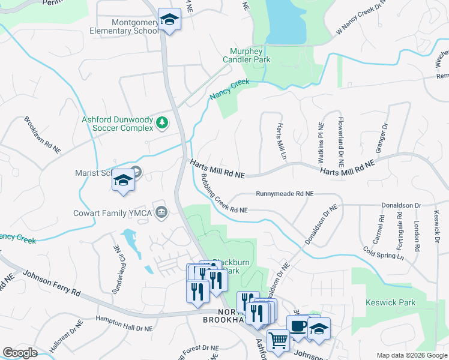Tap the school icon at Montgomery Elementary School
click(169, 20)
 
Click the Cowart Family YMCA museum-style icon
click(161, 212)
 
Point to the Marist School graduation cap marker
click(123, 181)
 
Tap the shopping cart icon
click(279, 340)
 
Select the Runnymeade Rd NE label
click(284, 194)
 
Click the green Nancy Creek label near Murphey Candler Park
click(229, 89)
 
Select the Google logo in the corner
click(20, 353)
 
